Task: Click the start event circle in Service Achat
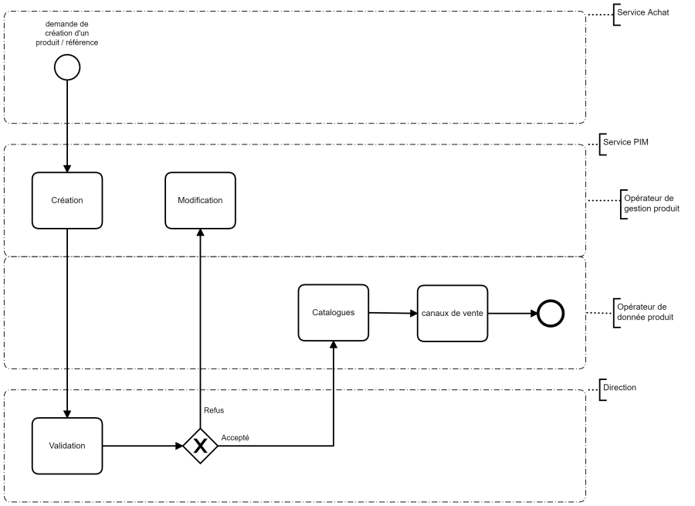pos(67,68)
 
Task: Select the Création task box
pos(67,200)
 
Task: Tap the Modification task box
pos(200,200)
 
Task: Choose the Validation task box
pos(67,446)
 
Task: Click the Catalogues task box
pos(334,313)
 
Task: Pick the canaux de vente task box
pos(453,313)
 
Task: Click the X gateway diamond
pos(200,446)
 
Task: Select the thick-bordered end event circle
pos(551,314)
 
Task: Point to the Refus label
pos(215,410)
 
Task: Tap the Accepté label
pos(235,437)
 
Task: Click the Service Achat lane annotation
pos(637,13)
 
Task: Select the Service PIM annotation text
pos(624,144)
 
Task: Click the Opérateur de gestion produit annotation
pos(652,203)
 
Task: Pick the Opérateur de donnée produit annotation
pos(646,312)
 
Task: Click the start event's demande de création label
pos(67,32)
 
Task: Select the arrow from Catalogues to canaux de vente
pos(392,313)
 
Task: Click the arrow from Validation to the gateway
pos(142,446)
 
